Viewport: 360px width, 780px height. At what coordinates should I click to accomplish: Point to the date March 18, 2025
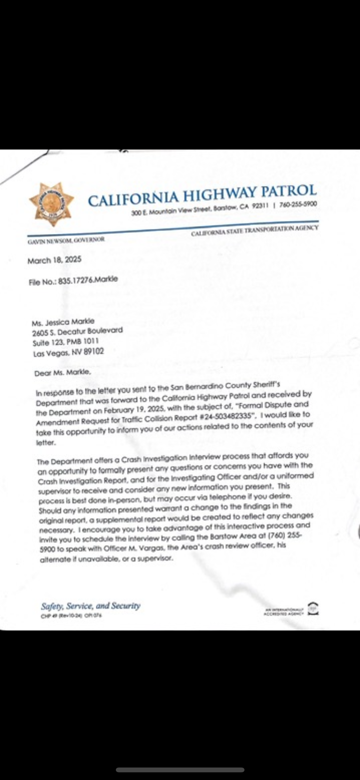[x=54, y=260]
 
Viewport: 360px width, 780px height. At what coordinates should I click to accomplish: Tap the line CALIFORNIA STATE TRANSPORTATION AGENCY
[x=254, y=230]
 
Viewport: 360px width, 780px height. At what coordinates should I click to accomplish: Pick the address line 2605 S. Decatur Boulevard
[x=77, y=331]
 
